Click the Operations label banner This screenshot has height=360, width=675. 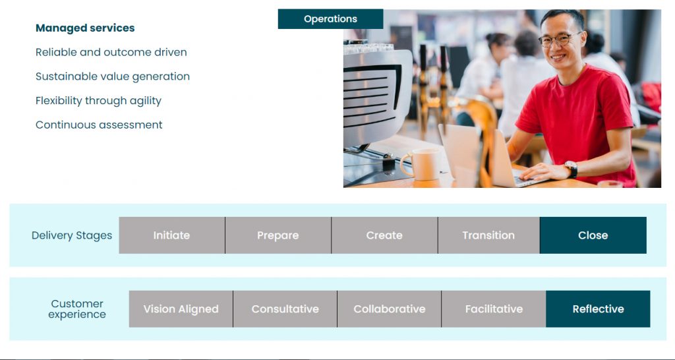[x=331, y=19]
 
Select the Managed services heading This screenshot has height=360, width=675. [x=85, y=28]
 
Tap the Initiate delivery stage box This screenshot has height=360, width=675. [x=172, y=235]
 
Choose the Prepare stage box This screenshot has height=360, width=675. [x=278, y=235]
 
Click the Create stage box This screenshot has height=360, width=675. [x=384, y=235]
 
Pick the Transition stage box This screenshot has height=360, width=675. [x=488, y=235]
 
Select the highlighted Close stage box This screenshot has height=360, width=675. [x=593, y=235]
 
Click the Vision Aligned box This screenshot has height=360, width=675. [x=181, y=309]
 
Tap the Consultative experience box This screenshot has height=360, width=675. [x=285, y=309]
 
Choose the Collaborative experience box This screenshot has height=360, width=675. [x=389, y=309]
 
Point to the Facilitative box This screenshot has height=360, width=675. [x=494, y=309]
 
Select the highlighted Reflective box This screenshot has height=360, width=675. [x=598, y=309]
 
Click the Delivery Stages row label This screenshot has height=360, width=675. [x=72, y=235]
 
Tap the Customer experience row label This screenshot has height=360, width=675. [x=77, y=309]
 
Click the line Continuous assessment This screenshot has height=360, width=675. [x=99, y=125]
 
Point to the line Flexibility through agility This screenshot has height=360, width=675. [x=99, y=101]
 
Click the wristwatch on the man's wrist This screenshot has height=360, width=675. [x=572, y=169]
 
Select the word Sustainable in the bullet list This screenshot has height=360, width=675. [x=65, y=76]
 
